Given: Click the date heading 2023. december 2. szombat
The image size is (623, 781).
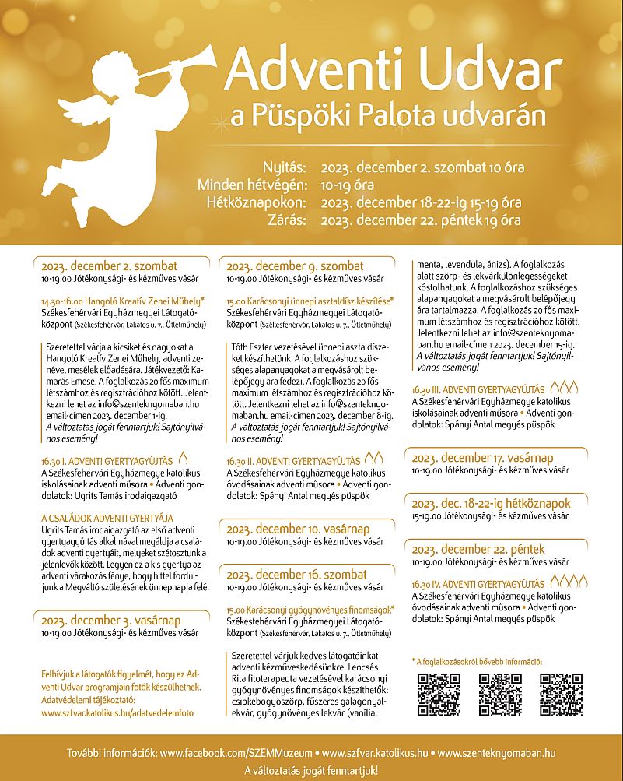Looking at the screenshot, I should [110, 265].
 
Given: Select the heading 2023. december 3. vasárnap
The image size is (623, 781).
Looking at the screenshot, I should [110, 620].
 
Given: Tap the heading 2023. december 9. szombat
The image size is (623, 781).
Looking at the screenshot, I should [295, 265].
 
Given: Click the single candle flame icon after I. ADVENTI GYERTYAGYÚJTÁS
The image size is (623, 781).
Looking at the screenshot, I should [183, 459].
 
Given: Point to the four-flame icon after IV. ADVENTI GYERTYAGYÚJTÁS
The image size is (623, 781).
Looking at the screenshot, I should [571, 581].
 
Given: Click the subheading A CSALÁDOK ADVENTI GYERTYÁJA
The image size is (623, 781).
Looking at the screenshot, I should [107, 518].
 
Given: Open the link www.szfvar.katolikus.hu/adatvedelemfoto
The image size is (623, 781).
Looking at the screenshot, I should [117, 712].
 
